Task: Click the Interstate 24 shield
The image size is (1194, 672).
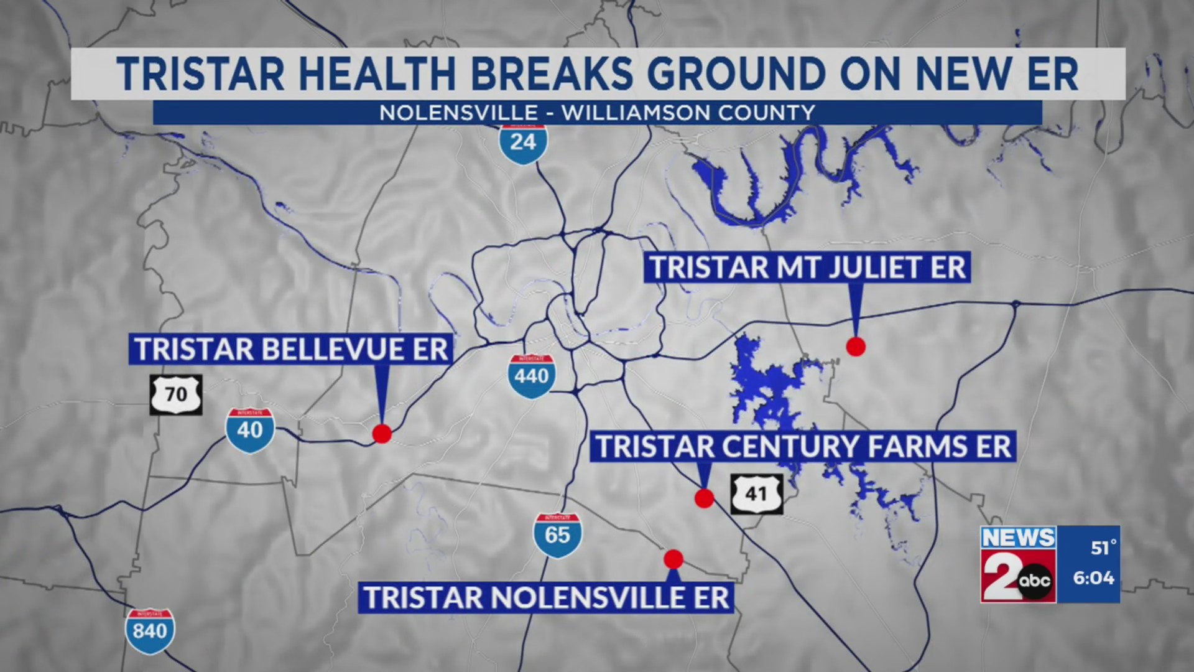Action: pyautogui.click(x=523, y=143)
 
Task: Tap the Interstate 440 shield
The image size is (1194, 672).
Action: pyautogui.click(x=531, y=375)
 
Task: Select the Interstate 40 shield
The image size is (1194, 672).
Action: pyautogui.click(x=250, y=430)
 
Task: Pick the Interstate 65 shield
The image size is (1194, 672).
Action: pyautogui.click(x=557, y=534)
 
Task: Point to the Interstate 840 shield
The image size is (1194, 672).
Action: pyautogui.click(x=150, y=631)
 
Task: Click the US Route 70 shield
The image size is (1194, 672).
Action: pyautogui.click(x=176, y=394)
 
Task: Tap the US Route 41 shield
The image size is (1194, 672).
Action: pyautogui.click(x=756, y=494)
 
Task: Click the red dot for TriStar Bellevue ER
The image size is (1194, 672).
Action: pyautogui.click(x=382, y=434)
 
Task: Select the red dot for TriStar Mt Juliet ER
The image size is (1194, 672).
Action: pyautogui.click(x=856, y=347)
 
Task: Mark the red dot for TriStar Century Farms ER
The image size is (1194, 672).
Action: pyautogui.click(x=704, y=498)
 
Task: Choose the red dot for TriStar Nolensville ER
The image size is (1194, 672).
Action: pyautogui.click(x=673, y=559)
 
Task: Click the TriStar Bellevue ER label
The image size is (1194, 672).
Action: pyautogui.click(x=291, y=349)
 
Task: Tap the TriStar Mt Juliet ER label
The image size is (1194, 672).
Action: pyautogui.click(x=807, y=268)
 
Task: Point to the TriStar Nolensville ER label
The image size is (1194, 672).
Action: pyautogui.click(x=546, y=598)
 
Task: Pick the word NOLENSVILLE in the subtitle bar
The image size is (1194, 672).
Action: pyautogui.click(x=458, y=113)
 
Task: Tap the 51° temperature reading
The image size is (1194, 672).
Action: pyautogui.click(x=1103, y=548)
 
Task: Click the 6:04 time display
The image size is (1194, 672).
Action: pyautogui.click(x=1093, y=578)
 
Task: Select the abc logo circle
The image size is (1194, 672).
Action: pyautogui.click(x=1036, y=582)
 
